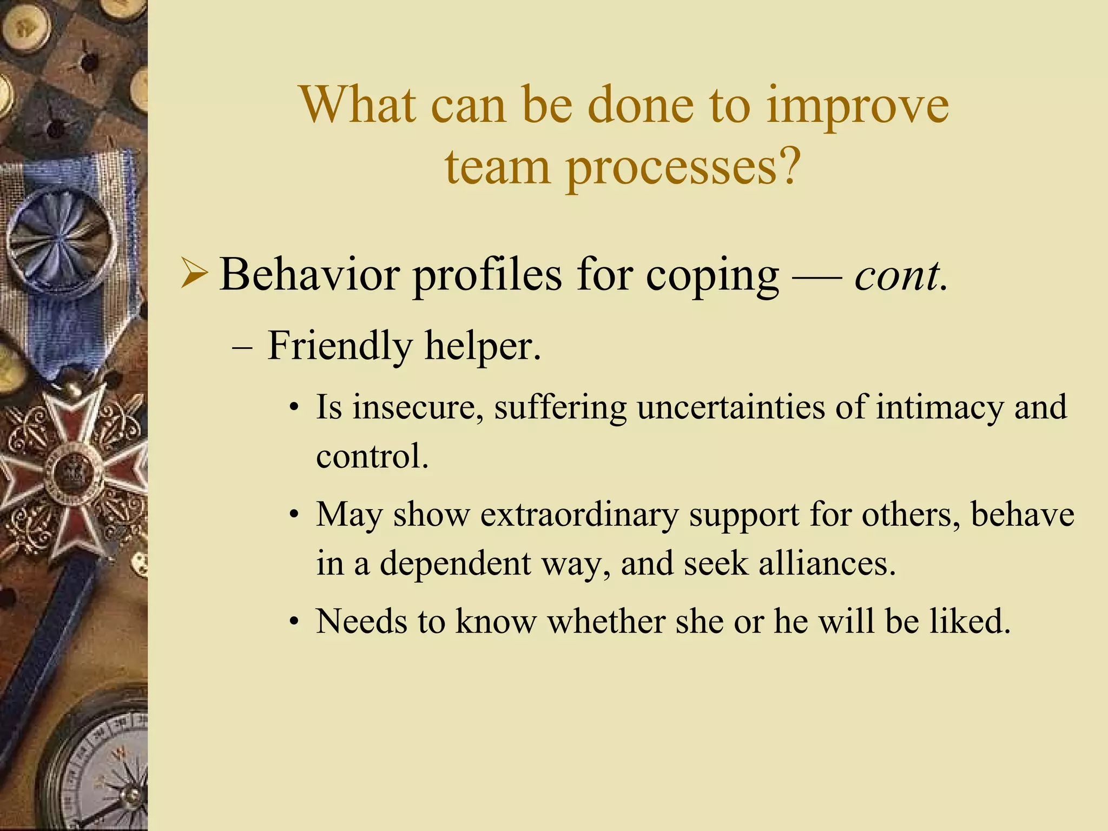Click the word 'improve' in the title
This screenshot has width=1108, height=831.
[x=857, y=105]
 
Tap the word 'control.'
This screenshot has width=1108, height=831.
[x=372, y=456]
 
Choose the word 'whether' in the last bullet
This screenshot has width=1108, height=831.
[x=606, y=621]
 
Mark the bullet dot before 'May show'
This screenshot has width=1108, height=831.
[x=294, y=516]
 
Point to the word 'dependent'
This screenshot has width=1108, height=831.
[x=456, y=563]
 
